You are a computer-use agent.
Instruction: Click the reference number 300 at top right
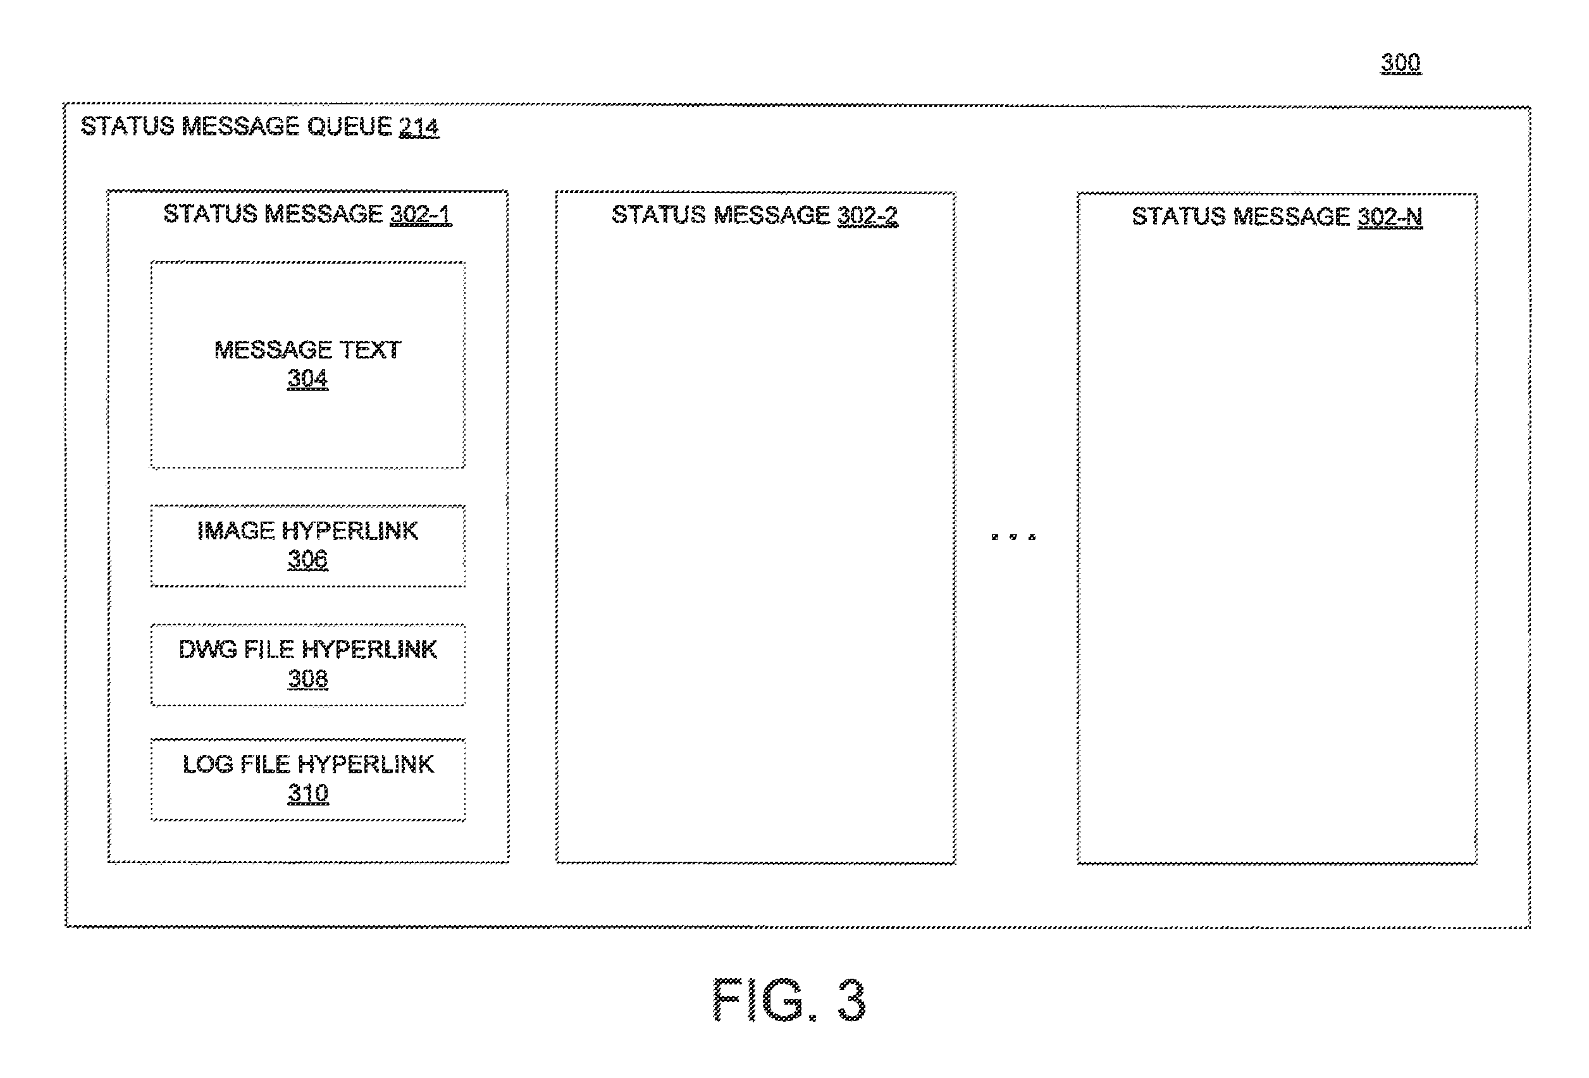[x=1400, y=63]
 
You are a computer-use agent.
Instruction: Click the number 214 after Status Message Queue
[x=419, y=126]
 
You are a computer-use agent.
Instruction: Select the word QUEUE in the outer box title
[x=349, y=126]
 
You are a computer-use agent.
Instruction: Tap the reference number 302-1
[x=421, y=214]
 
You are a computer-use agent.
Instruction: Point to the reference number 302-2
[x=868, y=216]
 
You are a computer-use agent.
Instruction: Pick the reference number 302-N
[x=1389, y=217]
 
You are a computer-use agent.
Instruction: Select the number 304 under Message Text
[x=307, y=378]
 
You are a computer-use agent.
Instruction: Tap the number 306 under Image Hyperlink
[x=307, y=559]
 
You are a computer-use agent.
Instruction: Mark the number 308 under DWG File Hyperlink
[x=307, y=678]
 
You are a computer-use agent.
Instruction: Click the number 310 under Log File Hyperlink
[x=307, y=793]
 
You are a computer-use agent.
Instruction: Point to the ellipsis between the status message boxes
[x=1013, y=537]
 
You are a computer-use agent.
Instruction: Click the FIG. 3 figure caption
[x=789, y=1000]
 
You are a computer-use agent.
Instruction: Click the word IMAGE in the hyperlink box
[x=236, y=530]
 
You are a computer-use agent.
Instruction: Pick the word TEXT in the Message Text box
[x=370, y=350]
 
